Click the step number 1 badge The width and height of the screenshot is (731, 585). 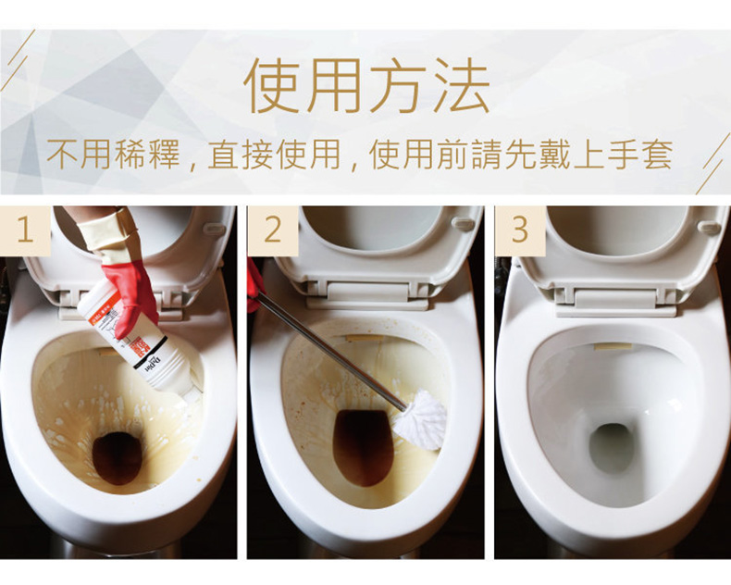coord(25,230)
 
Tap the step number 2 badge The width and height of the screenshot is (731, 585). coord(273,230)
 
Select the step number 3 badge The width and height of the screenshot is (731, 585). coord(520,230)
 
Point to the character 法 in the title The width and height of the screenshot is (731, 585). coord(461,86)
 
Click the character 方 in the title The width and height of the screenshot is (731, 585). coord(398,86)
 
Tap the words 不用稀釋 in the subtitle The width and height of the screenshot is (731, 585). coord(114,154)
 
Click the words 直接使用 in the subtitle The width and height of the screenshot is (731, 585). coord(274,154)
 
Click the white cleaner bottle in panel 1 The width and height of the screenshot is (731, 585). coord(139,342)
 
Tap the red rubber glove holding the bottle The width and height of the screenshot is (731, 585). coord(131,299)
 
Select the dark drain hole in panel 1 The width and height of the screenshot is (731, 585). coord(117,458)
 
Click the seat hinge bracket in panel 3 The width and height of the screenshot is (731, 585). coord(615,302)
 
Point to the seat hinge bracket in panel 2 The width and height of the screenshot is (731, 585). coord(367,295)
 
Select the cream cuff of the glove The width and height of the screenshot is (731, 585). coord(108,237)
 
